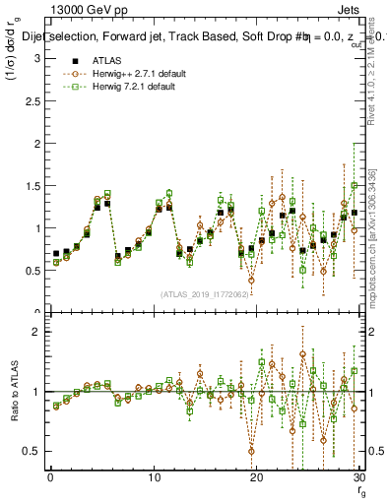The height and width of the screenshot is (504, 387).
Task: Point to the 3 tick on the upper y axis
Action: tap(35, 59)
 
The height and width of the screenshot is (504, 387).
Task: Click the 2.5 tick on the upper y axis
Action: tap(32, 101)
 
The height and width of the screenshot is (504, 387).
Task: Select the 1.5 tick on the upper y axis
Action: tap(32, 186)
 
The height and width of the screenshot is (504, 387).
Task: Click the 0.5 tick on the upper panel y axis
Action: tap(32, 271)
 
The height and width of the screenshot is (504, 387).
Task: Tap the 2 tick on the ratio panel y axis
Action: tap(35, 332)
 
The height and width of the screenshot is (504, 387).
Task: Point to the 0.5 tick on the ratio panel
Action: tap(32, 451)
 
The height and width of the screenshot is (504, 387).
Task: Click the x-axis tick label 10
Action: tap(154, 477)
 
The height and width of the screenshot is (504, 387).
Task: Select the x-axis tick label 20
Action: tap(257, 477)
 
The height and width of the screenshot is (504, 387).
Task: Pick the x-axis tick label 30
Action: tap(359, 477)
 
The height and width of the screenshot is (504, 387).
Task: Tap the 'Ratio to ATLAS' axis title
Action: tap(13, 393)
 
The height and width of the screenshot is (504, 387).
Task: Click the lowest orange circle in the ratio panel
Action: tap(251, 451)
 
